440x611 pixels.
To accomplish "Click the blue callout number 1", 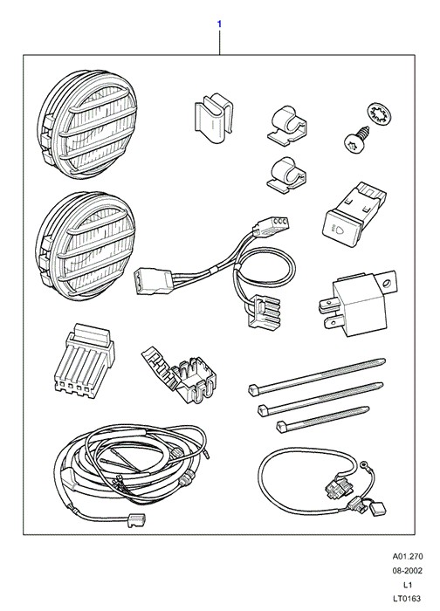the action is coord(219,24).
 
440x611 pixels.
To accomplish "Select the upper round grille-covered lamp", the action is coord(87,125).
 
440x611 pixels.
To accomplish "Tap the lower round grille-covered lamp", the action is coord(86,246).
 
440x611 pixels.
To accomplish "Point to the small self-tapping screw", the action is coord(356,139).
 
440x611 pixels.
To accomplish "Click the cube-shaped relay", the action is coord(358,303).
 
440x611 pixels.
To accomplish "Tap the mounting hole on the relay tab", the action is coord(386,284).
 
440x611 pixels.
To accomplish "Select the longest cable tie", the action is coord(317,377).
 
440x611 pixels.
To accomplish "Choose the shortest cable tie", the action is coord(323,419).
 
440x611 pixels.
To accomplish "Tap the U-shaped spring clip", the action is coord(214,117).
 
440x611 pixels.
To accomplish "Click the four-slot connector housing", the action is coord(85,360).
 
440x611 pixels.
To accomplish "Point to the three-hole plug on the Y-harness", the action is coord(271,227).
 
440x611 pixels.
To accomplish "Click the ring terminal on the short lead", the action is coord(364,463).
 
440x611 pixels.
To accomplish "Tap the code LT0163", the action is coord(408,599).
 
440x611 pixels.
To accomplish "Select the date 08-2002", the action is coord(408,571).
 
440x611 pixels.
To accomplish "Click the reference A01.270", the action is coord(408,557).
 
